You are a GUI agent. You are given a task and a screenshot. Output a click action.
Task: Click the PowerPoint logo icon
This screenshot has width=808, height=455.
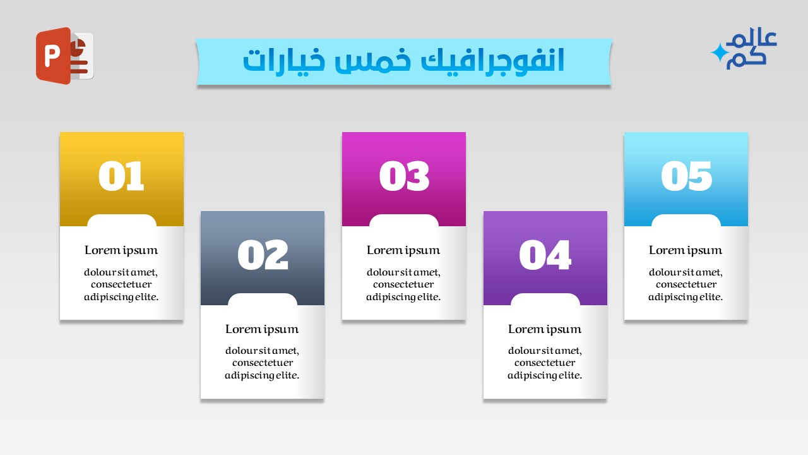click(x=64, y=56)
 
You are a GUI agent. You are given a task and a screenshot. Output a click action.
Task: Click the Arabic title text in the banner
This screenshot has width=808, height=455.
click(x=403, y=61)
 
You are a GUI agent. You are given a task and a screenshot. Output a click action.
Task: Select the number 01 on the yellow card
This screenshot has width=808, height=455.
click(x=121, y=176)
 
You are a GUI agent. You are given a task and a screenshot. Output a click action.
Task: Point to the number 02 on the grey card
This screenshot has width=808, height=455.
click(x=263, y=255)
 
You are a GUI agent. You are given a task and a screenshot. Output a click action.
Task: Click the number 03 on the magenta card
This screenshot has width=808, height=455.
click(x=404, y=176)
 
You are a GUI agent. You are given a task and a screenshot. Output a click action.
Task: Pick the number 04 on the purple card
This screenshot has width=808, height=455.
click(x=545, y=255)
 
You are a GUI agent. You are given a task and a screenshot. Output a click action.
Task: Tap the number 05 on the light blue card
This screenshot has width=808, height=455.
click(x=686, y=176)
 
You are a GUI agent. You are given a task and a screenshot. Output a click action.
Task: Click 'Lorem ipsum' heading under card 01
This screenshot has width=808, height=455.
click(x=121, y=250)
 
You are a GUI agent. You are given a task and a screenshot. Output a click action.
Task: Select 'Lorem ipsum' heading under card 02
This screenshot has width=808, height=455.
click(x=262, y=329)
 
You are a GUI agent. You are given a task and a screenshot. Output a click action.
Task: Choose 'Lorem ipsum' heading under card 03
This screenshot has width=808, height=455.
click(x=403, y=250)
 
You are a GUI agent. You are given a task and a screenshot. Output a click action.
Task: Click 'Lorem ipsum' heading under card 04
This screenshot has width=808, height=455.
click(x=545, y=329)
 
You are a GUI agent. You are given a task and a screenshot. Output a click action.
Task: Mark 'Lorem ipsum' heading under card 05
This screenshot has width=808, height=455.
click(x=686, y=250)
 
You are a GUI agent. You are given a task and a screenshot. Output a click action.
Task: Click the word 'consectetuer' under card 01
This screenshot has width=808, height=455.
click(x=121, y=284)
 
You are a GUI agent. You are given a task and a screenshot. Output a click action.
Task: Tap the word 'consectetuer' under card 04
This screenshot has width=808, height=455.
click(x=545, y=363)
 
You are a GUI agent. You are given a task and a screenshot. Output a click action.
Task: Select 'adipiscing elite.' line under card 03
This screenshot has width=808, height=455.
click(x=403, y=297)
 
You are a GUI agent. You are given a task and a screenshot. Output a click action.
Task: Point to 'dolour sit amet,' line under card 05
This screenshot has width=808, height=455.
click(x=686, y=272)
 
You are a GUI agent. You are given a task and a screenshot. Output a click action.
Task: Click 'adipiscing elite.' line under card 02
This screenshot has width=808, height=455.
click(x=262, y=375)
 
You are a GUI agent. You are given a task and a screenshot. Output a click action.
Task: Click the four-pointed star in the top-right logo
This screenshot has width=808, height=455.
click(x=718, y=53)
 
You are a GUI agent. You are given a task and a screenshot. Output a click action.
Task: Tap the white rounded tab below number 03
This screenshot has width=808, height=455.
click(x=404, y=221)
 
